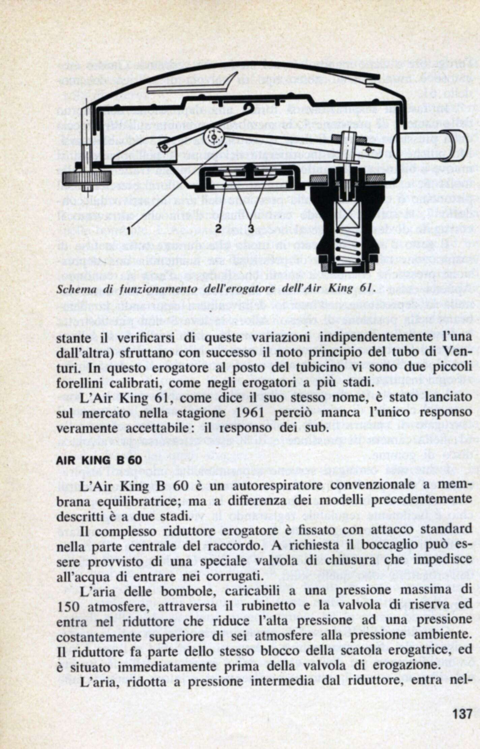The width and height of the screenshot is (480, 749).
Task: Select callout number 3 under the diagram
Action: [x=250, y=228]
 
